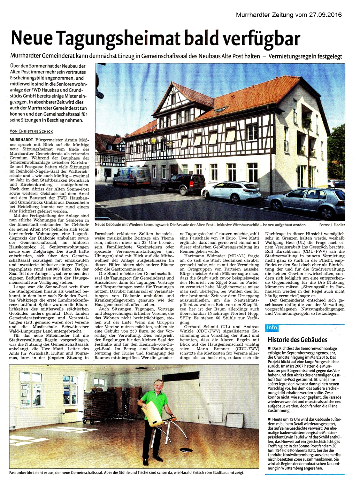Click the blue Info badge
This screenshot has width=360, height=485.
click(x=271, y=327)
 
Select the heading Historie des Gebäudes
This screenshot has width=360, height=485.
click(x=297, y=339)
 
